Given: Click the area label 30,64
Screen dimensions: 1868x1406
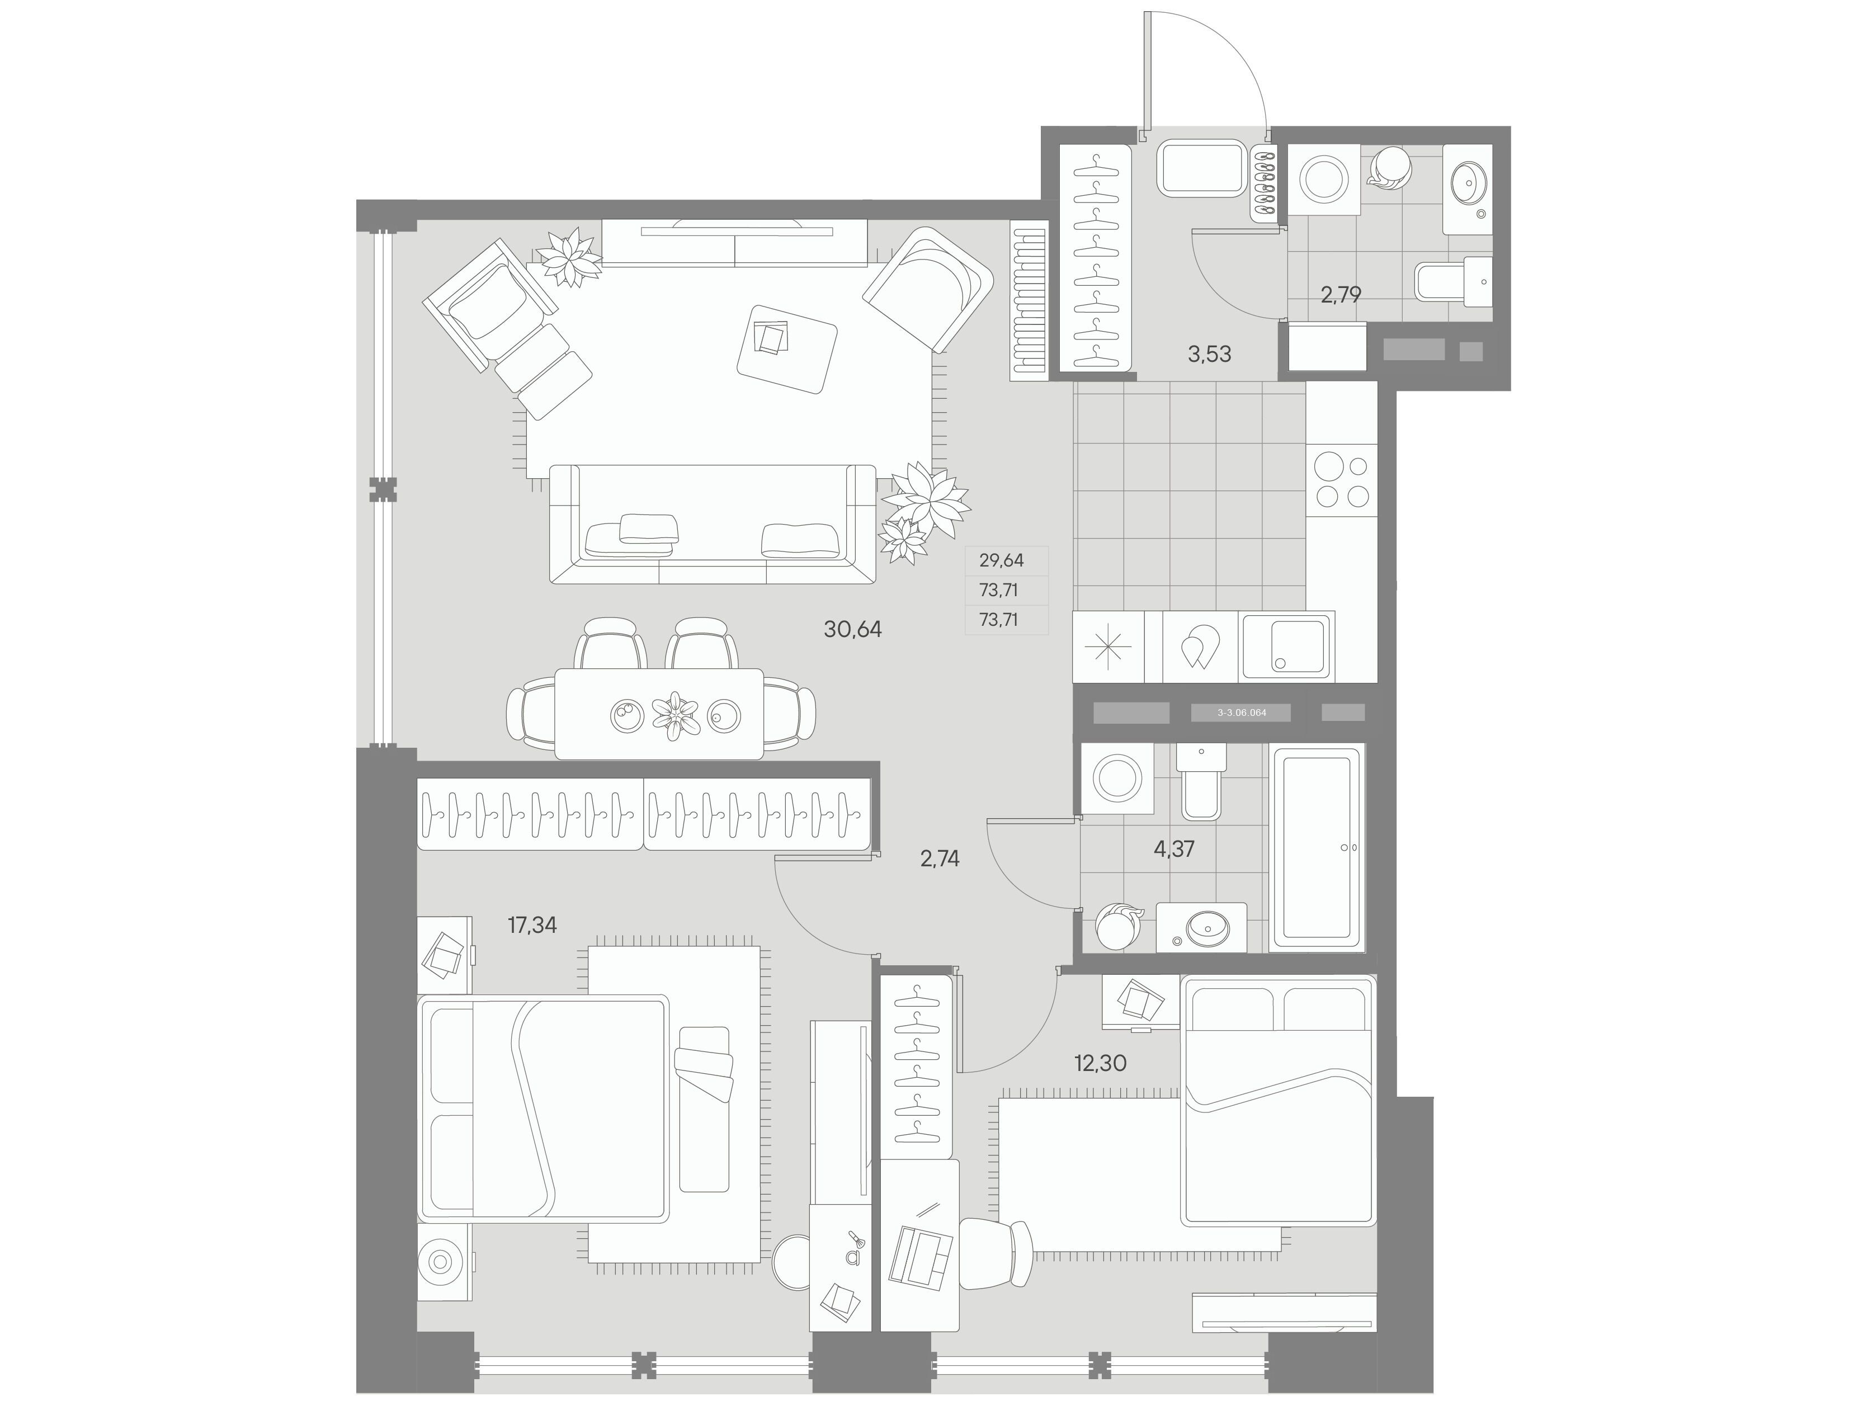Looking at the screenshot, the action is point(852,629).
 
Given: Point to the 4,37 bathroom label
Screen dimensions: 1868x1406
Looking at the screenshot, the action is point(1174,848).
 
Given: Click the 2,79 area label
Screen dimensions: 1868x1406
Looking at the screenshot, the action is point(1340,295).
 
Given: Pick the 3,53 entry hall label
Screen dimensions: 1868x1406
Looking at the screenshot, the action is point(1209,354).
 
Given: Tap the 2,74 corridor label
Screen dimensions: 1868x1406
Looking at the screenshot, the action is point(940,859).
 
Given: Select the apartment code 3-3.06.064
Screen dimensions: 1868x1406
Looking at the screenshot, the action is point(1242,713).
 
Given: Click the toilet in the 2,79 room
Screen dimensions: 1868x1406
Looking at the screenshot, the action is point(1454,281).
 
